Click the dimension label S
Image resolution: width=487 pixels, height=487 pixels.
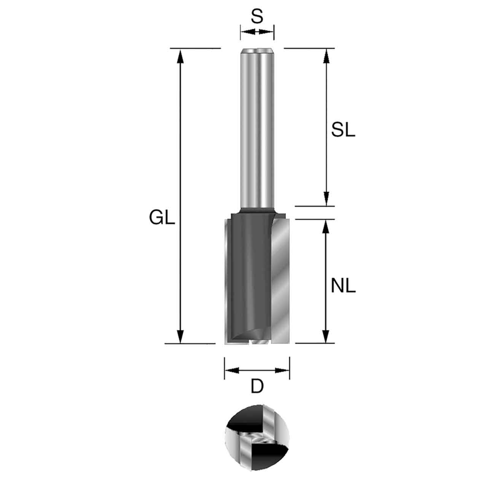click(x=257, y=16)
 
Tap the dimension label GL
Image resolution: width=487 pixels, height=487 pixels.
click(x=162, y=219)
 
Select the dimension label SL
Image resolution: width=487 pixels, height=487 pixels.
click(x=343, y=131)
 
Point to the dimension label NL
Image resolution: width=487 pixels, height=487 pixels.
click(x=343, y=286)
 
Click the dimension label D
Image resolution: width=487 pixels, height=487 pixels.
click(x=257, y=387)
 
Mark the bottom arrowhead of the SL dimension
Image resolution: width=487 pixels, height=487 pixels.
click(x=326, y=199)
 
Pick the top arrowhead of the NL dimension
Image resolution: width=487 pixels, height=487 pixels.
click(x=326, y=226)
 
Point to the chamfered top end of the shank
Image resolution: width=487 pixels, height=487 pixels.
click(x=257, y=50)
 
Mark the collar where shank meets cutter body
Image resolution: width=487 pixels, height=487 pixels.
click(x=257, y=210)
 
